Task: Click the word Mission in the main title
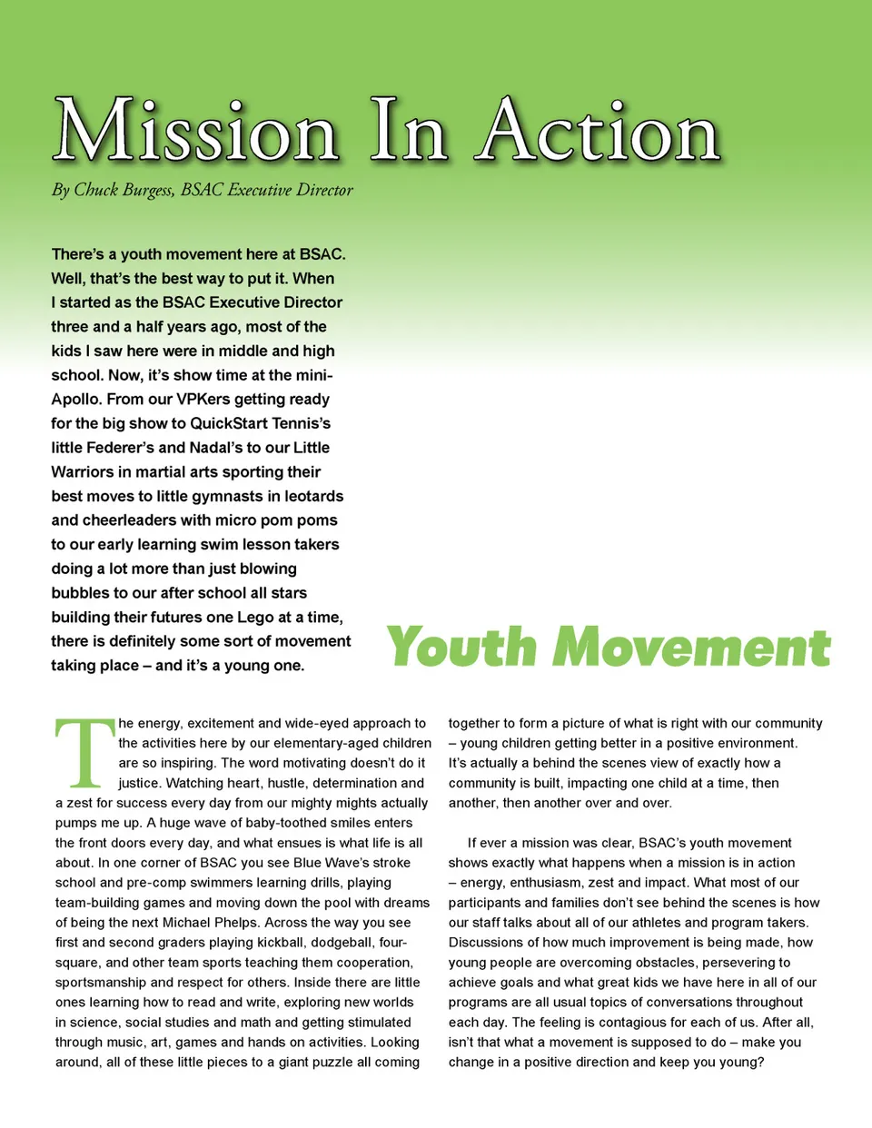[195, 132]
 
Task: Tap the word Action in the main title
[599, 132]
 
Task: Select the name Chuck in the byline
[96, 190]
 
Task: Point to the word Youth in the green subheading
[461, 648]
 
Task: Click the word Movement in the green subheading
[692, 648]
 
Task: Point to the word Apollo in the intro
[75, 400]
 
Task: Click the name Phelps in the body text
[234, 923]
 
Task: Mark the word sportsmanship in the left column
[100, 983]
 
